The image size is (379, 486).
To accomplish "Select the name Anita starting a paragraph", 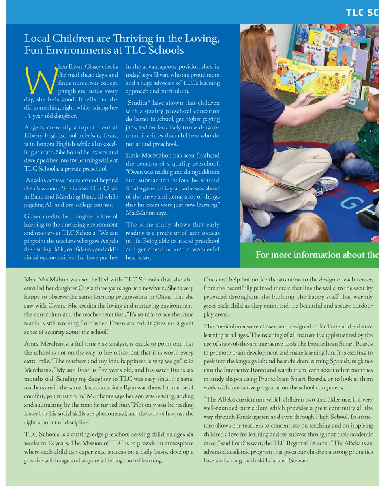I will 33,343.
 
